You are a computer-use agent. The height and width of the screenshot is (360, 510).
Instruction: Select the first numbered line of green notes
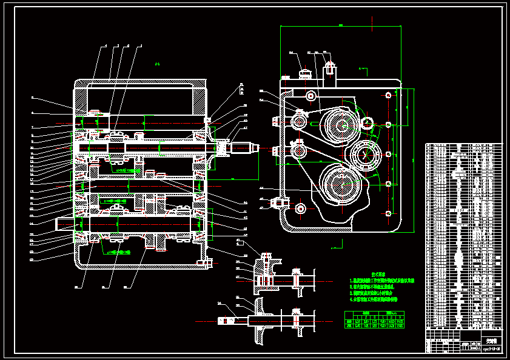382,281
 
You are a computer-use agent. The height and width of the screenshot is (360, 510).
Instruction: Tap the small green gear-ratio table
374,320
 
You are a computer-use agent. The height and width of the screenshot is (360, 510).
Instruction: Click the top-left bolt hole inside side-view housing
310,95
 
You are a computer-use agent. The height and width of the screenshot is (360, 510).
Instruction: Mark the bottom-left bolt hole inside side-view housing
300,208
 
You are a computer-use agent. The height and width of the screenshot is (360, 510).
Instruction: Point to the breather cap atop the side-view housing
305,73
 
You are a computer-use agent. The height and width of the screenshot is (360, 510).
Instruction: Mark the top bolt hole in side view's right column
388,95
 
